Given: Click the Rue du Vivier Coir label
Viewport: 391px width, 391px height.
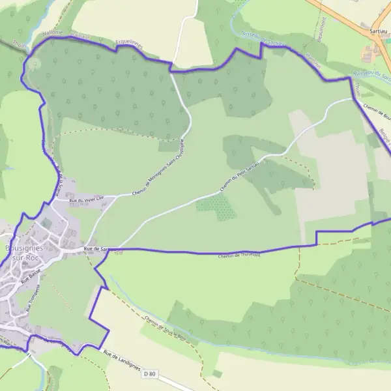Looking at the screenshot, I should pos(86,201).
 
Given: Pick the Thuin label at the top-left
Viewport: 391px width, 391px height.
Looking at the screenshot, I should pos(18,47).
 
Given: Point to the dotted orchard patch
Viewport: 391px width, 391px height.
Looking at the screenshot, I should pos(217,207).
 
